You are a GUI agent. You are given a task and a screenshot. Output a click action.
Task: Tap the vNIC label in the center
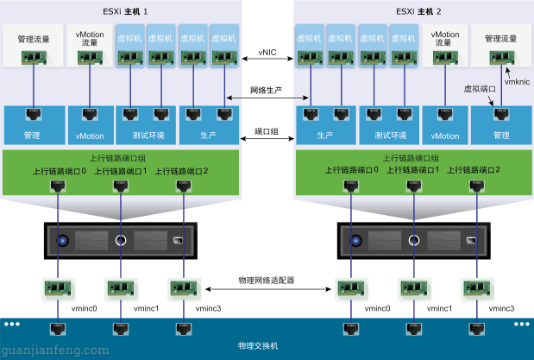pos(267,53)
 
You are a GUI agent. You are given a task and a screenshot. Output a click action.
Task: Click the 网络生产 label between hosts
pos(267,91)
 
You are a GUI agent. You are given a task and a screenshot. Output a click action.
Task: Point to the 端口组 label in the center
pos(267,131)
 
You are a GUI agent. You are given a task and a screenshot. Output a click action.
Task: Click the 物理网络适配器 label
pos(267,281)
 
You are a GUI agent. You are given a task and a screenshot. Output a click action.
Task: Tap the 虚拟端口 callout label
pos(481,88)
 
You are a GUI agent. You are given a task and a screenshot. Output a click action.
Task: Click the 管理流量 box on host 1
pos(33,47)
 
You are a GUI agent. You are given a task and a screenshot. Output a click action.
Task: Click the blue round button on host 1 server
pos(63,241)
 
